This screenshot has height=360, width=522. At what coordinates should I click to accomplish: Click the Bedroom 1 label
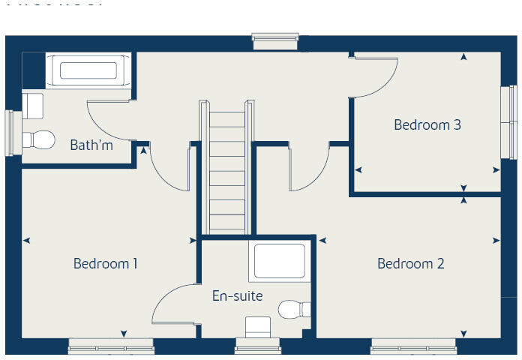click(105, 264)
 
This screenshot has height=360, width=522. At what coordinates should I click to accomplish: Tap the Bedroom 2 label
click(410, 264)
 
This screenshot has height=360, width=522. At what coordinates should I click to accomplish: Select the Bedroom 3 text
click(427, 125)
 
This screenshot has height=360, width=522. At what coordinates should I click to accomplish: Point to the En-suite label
click(237, 296)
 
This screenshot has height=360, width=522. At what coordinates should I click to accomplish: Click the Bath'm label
click(91, 145)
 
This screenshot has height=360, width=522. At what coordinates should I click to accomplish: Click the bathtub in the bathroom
click(88, 71)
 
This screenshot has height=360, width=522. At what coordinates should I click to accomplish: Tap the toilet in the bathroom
click(38, 139)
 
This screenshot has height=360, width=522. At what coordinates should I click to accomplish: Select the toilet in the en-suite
click(294, 309)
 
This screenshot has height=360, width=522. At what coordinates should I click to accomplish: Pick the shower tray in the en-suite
click(279, 261)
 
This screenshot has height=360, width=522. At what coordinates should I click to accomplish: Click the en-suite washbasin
click(258, 327)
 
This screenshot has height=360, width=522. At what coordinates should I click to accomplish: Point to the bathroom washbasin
click(33, 105)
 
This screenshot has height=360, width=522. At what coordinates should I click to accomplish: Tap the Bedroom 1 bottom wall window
click(111, 346)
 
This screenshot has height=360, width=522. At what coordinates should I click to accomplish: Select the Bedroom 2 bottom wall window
click(413, 346)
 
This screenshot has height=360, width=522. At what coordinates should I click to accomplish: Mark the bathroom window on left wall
click(10, 133)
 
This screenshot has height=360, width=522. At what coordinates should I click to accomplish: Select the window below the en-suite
click(257, 346)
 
